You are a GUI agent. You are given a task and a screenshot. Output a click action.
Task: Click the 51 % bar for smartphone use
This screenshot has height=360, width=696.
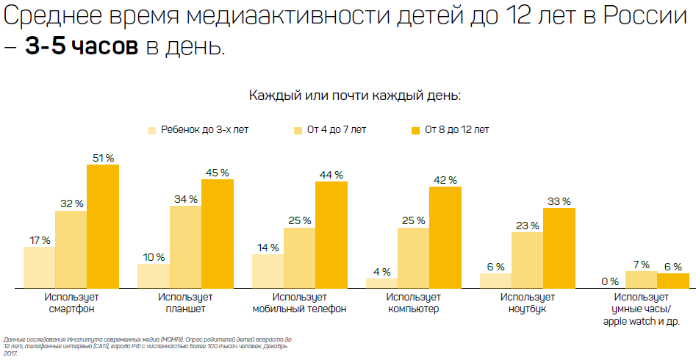(x=103, y=226)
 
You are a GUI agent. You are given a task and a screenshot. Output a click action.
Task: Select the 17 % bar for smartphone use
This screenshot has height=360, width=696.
(x=40, y=267)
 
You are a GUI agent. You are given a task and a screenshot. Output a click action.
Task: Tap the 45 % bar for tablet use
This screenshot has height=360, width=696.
(x=218, y=234)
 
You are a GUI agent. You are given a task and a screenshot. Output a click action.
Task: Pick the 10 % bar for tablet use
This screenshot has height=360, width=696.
(x=154, y=276)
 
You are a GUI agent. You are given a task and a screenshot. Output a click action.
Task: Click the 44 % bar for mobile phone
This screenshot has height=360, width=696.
(x=331, y=235)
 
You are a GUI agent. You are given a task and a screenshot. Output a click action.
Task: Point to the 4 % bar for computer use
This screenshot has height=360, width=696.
(x=381, y=283)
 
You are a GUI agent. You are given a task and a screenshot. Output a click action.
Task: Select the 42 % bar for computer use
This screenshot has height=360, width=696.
(x=445, y=237)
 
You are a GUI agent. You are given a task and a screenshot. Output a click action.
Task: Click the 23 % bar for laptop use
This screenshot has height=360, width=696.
(x=527, y=260)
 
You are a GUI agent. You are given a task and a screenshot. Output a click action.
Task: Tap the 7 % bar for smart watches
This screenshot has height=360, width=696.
(x=642, y=280)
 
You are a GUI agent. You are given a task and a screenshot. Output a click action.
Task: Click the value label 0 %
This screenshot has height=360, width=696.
(x=610, y=281)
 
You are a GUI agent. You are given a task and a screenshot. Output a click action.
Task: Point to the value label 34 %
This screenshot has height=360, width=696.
(x=186, y=199)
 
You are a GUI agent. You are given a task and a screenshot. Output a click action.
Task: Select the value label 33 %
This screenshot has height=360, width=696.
(x=559, y=201)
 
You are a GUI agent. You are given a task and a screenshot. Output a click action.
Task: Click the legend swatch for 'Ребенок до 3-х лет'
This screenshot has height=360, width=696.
(x=152, y=131)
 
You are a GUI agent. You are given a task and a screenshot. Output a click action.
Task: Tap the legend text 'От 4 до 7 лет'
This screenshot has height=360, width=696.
(x=337, y=130)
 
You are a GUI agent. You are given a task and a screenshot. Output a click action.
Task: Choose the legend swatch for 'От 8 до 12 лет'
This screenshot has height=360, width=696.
(x=415, y=131)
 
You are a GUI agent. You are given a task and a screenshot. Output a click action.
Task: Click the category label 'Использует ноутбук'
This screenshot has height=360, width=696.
(x=527, y=303)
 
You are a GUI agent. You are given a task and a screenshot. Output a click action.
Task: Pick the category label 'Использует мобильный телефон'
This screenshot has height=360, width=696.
(x=300, y=303)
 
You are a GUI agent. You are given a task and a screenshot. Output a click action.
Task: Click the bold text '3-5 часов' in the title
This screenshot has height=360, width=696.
(x=82, y=46)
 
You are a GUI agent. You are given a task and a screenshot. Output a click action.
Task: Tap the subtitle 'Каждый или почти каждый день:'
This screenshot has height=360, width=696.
(x=355, y=96)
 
